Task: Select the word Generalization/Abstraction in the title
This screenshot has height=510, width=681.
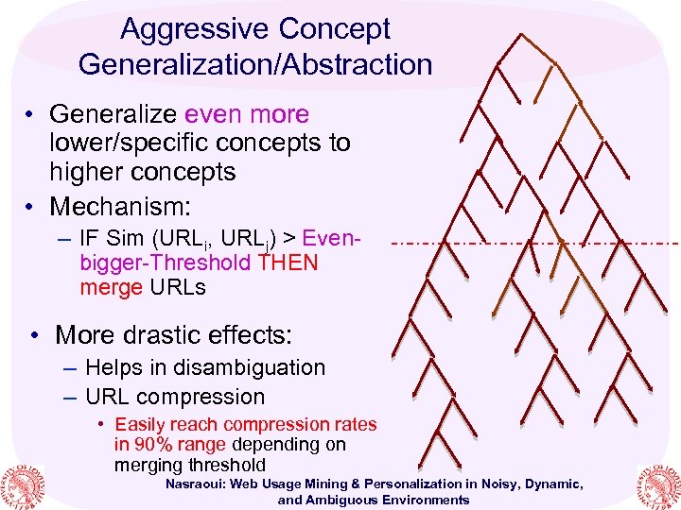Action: coord(255,64)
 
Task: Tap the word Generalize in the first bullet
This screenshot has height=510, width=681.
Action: coord(113,114)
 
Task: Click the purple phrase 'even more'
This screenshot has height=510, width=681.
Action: coord(247,114)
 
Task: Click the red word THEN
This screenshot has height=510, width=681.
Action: coord(288,263)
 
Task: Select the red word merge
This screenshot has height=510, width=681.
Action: coord(111,287)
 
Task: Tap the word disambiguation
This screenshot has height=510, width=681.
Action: coord(240,367)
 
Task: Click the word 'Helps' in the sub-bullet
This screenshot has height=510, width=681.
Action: coord(113,367)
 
